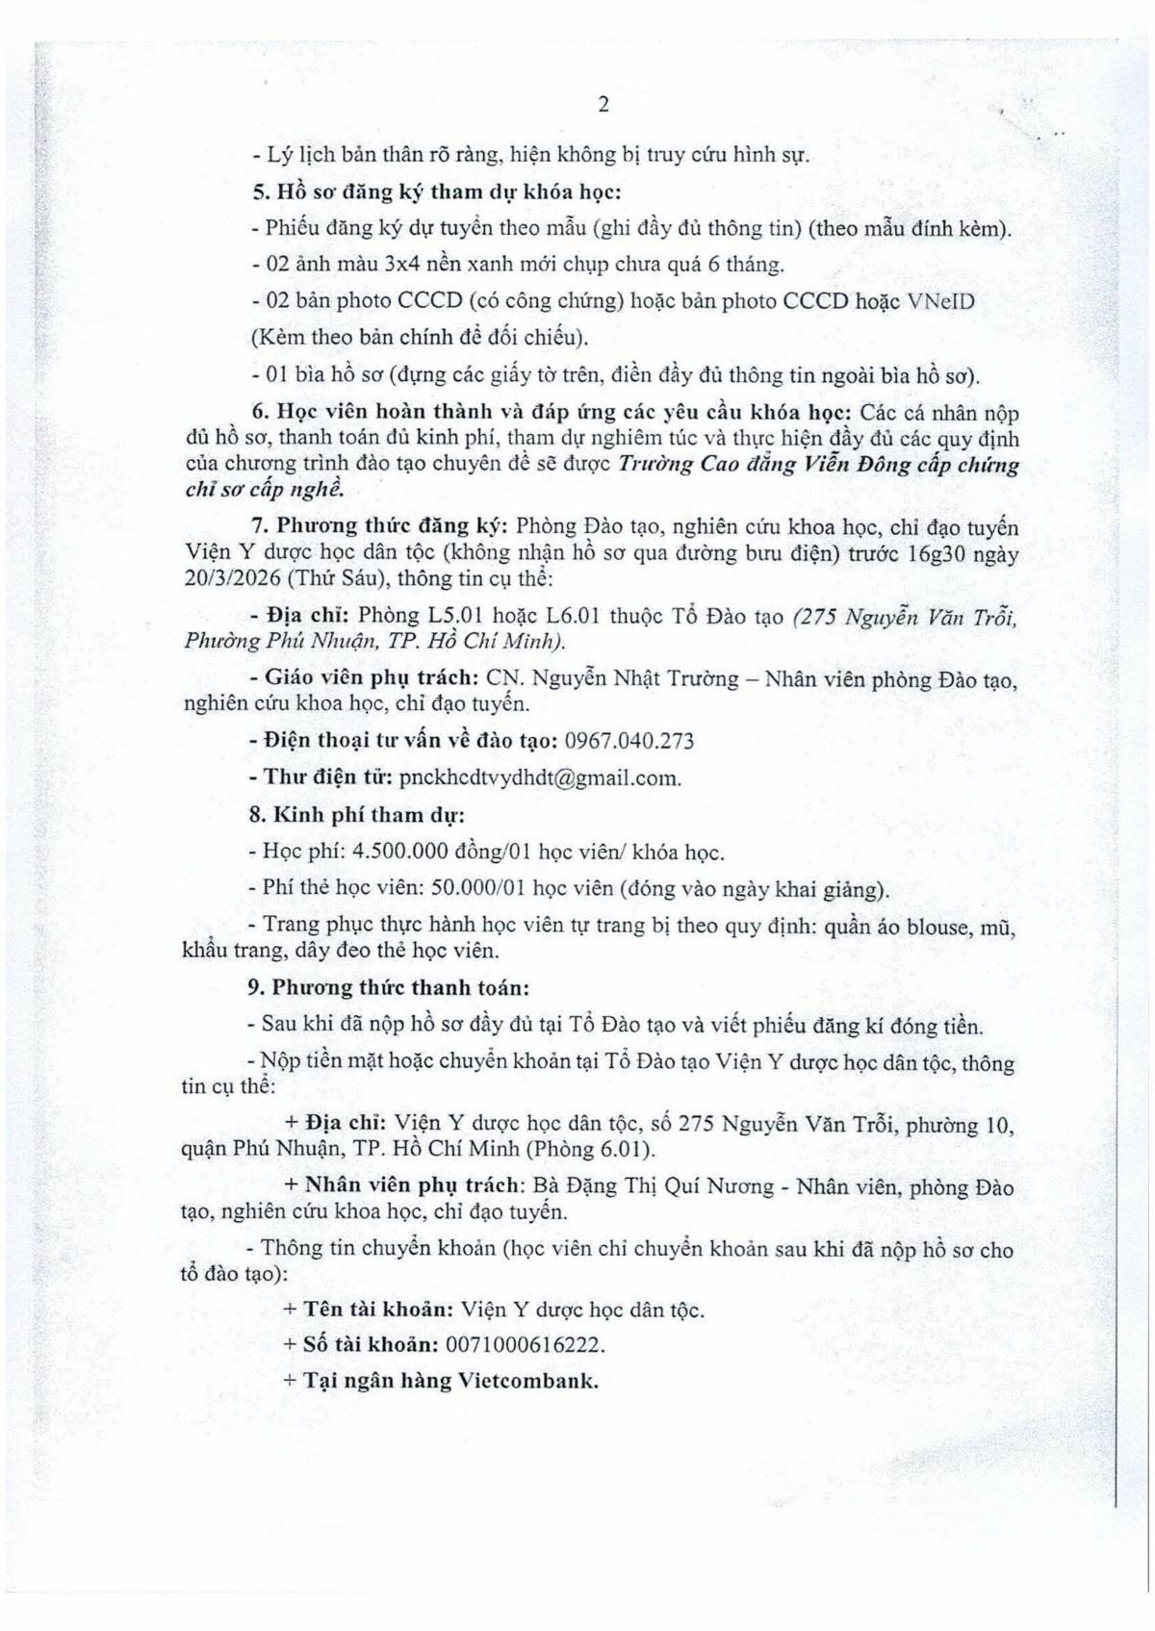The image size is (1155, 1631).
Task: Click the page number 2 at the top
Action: coord(603,105)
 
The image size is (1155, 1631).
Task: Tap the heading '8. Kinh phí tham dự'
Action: coord(357,815)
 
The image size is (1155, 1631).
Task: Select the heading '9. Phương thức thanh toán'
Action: coord(390,987)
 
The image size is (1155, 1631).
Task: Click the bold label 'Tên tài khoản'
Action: coord(378,1309)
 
